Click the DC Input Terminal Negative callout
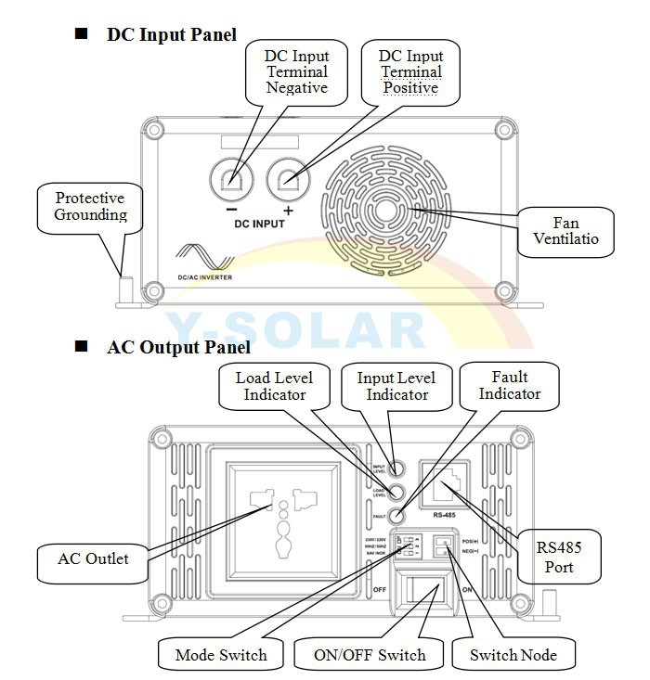[x=297, y=71]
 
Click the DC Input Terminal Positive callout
[x=410, y=71]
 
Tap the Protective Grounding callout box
[x=89, y=207]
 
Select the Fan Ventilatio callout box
[x=566, y=230]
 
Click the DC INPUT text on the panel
[x=260, y=224]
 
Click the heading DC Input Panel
[x=171, y=34]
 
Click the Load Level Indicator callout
[x=274, y=386]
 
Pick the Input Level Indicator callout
[x=396, y=386]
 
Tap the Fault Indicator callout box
[x=509, y=385]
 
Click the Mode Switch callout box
[x=220, y=655]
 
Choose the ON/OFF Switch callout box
[x=370, y=655]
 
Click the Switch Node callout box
[x=513, y=655]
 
